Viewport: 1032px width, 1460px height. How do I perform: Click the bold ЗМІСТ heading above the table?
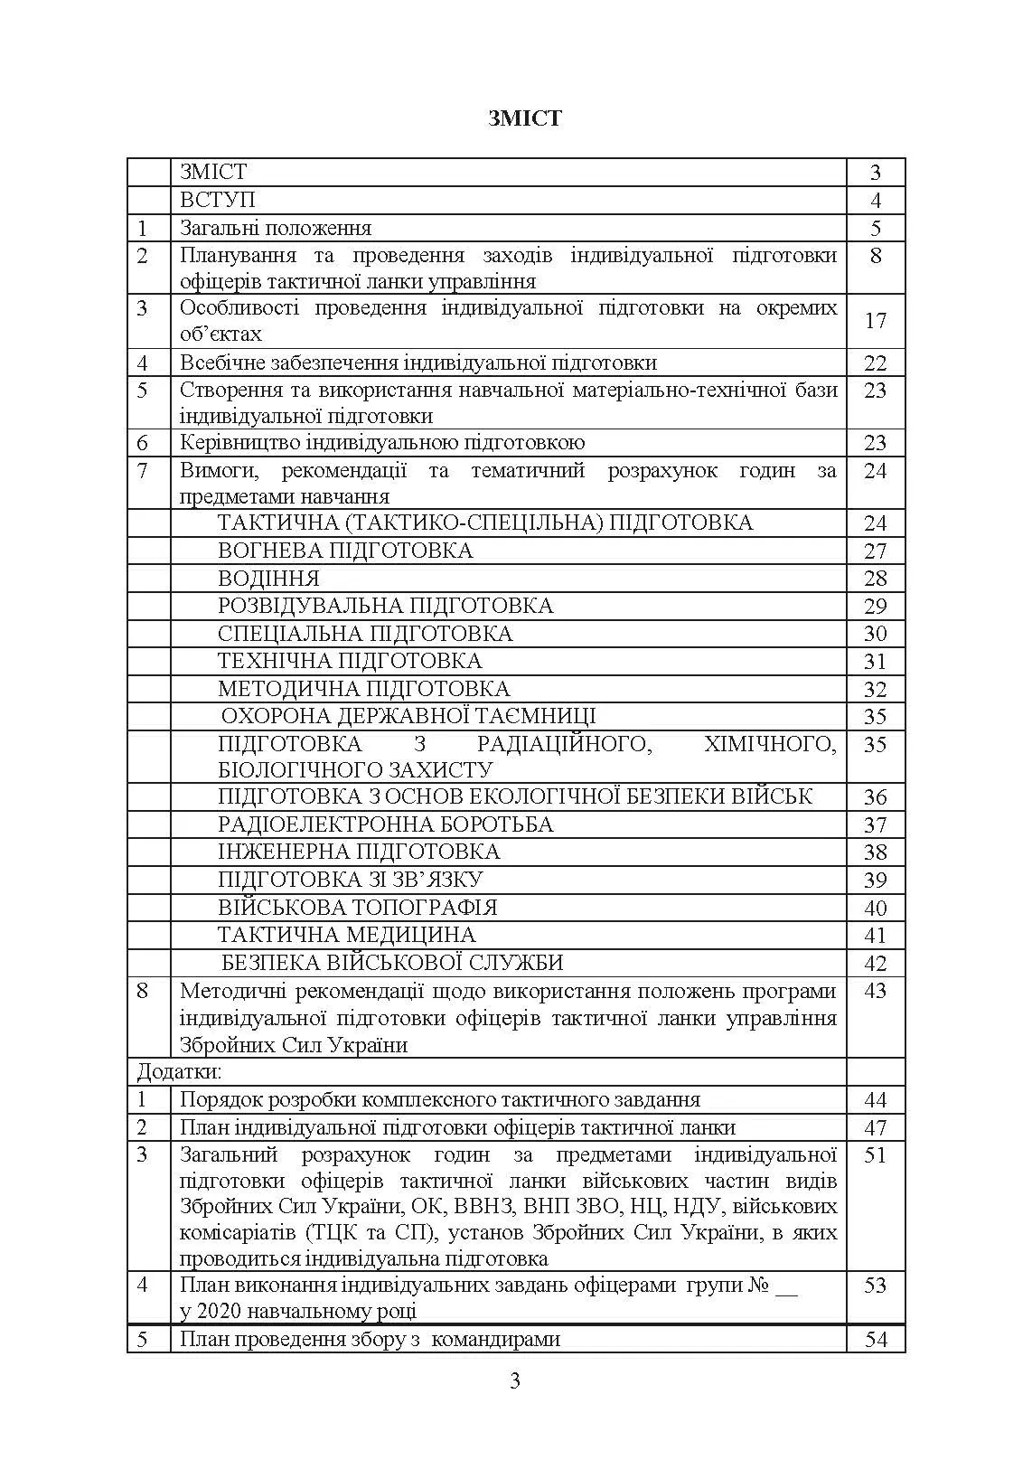[524, 118]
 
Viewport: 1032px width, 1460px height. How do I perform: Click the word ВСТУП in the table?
[218, 200]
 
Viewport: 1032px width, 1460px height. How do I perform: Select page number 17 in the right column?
[875, 321]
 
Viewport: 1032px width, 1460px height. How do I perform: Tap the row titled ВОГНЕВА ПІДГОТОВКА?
[345, 551]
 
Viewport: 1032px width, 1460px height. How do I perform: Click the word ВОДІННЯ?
[268, 579]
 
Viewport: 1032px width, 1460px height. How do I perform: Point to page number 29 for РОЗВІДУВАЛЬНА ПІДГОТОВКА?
[875, 607]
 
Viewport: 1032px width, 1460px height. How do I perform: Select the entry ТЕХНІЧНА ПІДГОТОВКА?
[350, 661]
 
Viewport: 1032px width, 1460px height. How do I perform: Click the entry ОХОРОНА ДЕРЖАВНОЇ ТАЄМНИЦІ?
[408, 716]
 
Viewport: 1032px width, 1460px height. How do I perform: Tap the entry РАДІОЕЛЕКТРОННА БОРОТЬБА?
[385, 824]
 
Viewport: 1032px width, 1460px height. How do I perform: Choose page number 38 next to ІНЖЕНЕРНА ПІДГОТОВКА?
[875, 852]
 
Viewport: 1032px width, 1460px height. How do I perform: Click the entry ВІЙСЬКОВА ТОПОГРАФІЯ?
[357, 907]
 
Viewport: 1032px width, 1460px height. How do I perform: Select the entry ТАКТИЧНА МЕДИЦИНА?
[346, 934]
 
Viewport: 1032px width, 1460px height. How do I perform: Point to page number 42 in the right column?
[875, 964]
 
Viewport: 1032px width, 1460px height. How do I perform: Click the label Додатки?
[179, 1072]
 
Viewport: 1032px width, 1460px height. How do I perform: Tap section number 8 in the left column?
[142, 991]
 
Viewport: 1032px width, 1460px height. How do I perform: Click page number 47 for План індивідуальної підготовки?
[875, 1128]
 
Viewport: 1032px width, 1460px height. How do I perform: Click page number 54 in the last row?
[876, 1340]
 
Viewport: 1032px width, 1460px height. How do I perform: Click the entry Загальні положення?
[276, 228]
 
